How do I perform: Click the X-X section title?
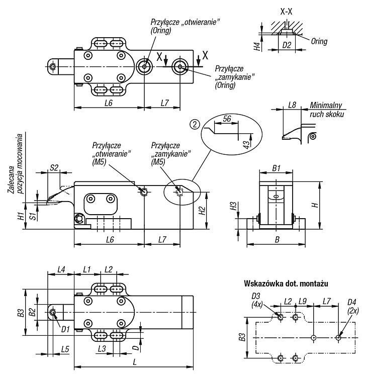pyautogui.click(x=286, y=12)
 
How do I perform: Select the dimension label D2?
pyautogui.click(x=287, y=45)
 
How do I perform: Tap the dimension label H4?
pyautogui.click(x=257, y=46)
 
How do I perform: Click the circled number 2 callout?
pyautogui.click(x=195, y=124)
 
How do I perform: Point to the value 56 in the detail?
pyautogui.click(x=227, y=119)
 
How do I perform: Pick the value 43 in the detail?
pyautogui.click(x=246, y=144)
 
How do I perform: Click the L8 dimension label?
pyautogui.click(x=292, y=105)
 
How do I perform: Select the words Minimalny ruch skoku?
pyautogui.click(x=326, y=110)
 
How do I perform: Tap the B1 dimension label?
pyautogui.click(x=276, y=168)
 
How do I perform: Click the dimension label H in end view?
pyautogui.click(x=315, y=205)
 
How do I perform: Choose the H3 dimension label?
pyautogui.click(x=233, y=206)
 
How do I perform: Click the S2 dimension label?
pyautogui.click(x=54, y=167)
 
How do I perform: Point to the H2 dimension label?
pyautogui.click(x=202, y=211)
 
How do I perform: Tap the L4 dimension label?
pyautogui.click(x=61, y=269)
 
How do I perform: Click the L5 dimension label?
pyautogui.click(x=65, y=349)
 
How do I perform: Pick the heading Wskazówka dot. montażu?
pyautogui.click(x=286, y=284)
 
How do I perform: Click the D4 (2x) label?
pyautogui.click(x=352, y=306)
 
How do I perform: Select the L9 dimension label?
pyautogui.click(x=303, y=301)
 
